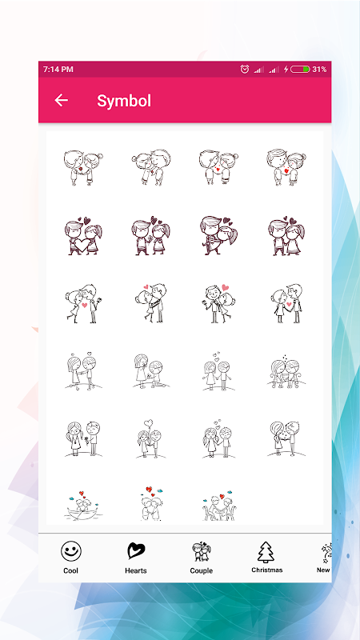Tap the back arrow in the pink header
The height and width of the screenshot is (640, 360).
click(x=62, y=100)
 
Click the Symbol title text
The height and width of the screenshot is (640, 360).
click(x=124, y=101)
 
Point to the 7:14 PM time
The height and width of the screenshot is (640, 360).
click(x=58, y=70)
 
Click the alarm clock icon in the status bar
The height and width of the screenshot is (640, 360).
click(x=245, y=70)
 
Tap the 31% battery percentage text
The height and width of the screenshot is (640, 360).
click(x=319, y=70)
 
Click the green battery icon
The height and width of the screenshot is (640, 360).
click(x=301, y=70)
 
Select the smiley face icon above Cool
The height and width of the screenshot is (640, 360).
click(x=71, y=551)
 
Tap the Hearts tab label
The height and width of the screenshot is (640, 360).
click(x=136, y=570)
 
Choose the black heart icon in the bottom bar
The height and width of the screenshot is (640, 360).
click(x=136, y=551)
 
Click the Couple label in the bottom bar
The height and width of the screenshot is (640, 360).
click(x=202, y=570)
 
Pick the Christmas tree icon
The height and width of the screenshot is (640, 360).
click(x=266, y=552)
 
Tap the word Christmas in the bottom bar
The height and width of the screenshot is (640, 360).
click(x=267, y=570)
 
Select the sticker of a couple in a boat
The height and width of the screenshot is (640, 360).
click(x=85, y=506)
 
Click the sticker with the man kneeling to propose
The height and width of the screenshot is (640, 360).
click(x=151, y=371)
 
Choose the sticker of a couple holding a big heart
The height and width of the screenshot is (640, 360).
click(x=83, y=236)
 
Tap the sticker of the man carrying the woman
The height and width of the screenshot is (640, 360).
click(x=219, y=235)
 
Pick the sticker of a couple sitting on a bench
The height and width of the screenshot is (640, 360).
click(x=286, y=371)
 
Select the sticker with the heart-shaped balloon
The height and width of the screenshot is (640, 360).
click(x=150, y=439)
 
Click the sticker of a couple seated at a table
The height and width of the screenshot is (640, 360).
click(x=219, y=506)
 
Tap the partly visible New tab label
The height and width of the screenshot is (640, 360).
click(x=323, y=570)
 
